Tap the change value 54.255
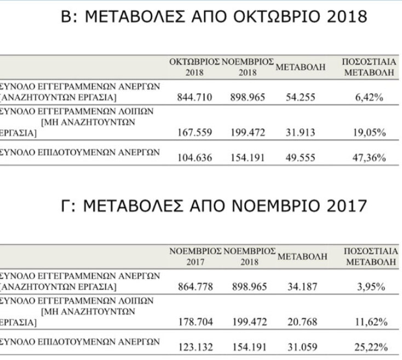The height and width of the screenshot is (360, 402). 301,98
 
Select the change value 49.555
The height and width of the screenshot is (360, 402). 301,158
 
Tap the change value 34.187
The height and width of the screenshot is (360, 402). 301,287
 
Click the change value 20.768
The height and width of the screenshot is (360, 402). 301,321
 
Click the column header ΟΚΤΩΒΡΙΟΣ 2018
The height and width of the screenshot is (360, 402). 194,67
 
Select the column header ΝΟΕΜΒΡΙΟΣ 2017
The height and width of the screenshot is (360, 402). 194,255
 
